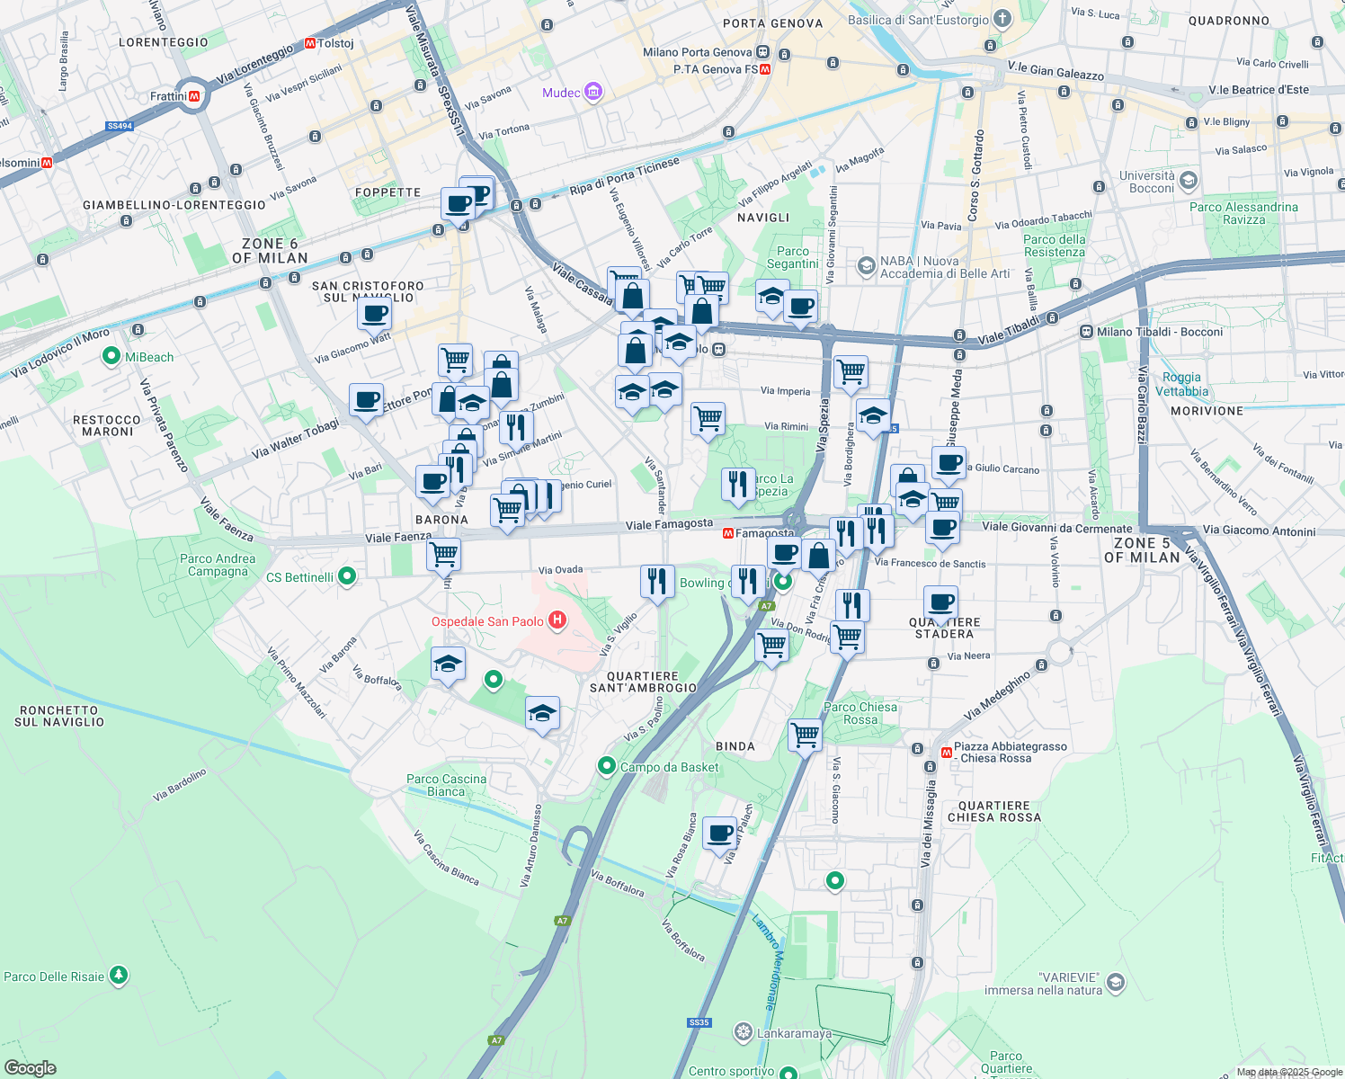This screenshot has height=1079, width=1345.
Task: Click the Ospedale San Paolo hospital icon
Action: pos(557,620)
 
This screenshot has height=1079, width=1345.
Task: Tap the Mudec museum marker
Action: pos(592,92)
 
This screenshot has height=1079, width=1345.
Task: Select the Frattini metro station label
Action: pos(169,96)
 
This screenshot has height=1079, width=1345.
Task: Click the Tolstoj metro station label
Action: pos(335,43)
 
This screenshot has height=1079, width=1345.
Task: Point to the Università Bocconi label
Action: pos(1147,182)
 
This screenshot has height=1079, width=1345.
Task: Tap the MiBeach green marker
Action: pos(111,357)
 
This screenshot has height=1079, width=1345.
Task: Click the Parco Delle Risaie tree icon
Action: pos(118,976)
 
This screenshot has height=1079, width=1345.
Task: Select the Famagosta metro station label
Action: pos(764,533)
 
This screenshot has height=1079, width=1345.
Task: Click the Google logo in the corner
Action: pos(31,1068)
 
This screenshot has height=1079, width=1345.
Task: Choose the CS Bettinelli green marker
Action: pos(347,576)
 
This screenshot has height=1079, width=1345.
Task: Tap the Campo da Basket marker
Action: pos(607,766)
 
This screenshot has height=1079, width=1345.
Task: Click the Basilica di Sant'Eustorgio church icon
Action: pos(1002,19)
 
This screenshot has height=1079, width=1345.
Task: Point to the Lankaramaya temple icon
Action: pos(743,1032)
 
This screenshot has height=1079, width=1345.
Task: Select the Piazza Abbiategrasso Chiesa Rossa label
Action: pos(1010,753)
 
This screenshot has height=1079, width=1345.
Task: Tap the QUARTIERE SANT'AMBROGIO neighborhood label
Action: pos(643,682)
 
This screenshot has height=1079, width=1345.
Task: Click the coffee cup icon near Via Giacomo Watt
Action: pos(374,314)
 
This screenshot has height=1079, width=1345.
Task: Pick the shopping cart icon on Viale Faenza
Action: pos(443,554)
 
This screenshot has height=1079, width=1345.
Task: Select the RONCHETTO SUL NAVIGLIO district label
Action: pos(59,716)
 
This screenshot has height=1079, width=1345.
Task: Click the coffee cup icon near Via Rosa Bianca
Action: pos(719,834)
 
